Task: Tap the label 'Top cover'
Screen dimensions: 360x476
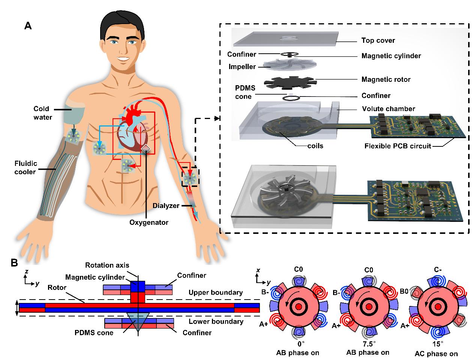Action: coord(378,40)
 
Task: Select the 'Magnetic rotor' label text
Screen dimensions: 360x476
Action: coord(386,80)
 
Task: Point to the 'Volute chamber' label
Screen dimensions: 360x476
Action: coord(388,109)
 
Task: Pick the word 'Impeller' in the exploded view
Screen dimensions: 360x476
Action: coord(242,67)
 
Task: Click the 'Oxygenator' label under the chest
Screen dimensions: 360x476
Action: coord(149,222)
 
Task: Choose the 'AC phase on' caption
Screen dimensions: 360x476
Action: coord(436,354)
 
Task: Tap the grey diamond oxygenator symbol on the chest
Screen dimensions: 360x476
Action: coord(146,149)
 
